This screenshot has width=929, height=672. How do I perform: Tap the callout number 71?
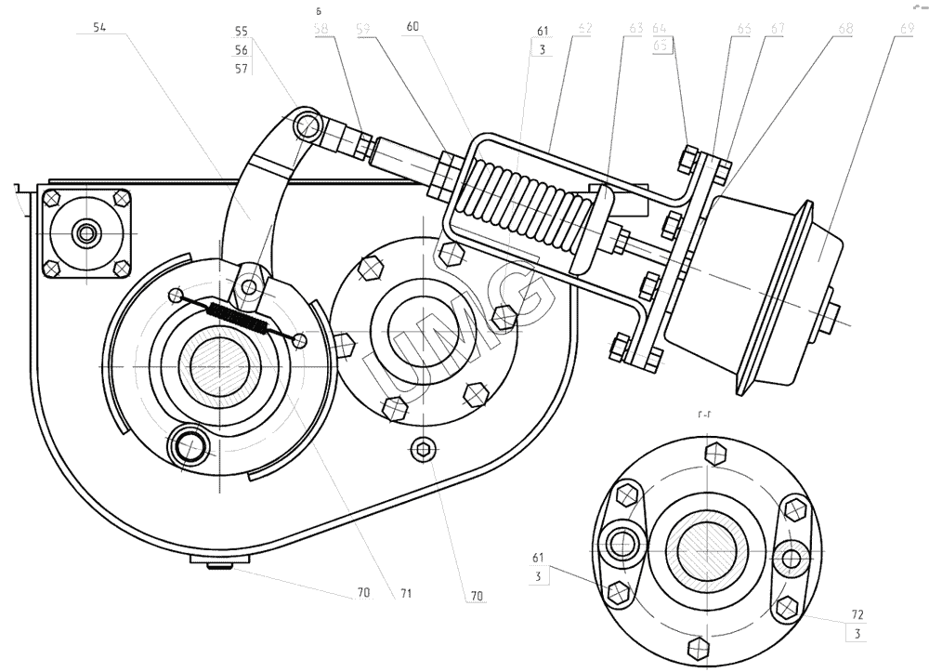[x=406, y=591]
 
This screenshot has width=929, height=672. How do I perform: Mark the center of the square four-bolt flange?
[x=87, y=232]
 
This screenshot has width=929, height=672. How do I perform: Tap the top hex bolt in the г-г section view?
[x=714, y=454]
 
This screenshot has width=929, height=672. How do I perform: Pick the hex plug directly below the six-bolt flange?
[x=424, y=449]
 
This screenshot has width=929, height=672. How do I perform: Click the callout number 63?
[x=635, y=29]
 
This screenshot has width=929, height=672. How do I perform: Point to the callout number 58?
[x=321, y=29]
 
